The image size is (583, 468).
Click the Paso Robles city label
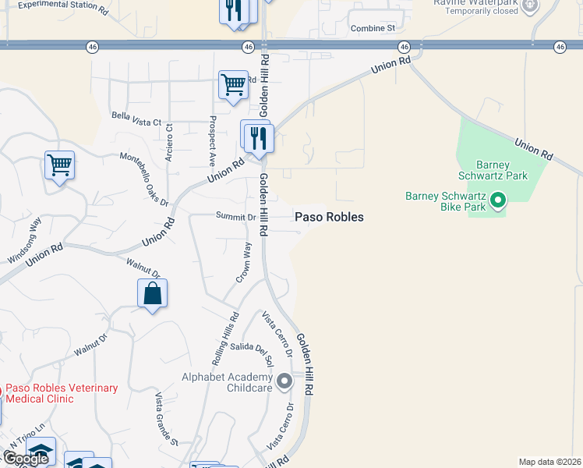(x=329, y=217)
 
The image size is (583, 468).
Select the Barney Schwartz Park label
(x=503, y=170)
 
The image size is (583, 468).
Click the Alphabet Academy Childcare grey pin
(x=284, y=382)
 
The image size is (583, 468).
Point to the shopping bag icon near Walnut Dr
(x=152, y=294)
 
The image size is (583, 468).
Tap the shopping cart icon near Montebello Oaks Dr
(x=59, y=165)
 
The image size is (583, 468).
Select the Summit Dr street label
(x=235, y=217)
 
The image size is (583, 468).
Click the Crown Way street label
(x=245, y=263)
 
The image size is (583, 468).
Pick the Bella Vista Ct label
(x=136, y=122)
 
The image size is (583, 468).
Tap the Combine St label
(x=373, y=28)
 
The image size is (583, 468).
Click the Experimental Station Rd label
(x=62, y=7)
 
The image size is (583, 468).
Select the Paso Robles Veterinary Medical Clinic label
(x=61, y=393)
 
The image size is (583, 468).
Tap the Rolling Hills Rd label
(x=225, y=340)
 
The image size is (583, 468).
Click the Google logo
(x=25, y=459)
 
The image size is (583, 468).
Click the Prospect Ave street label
(x=211, y=141)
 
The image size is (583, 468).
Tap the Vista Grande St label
(x=166, y=418)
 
